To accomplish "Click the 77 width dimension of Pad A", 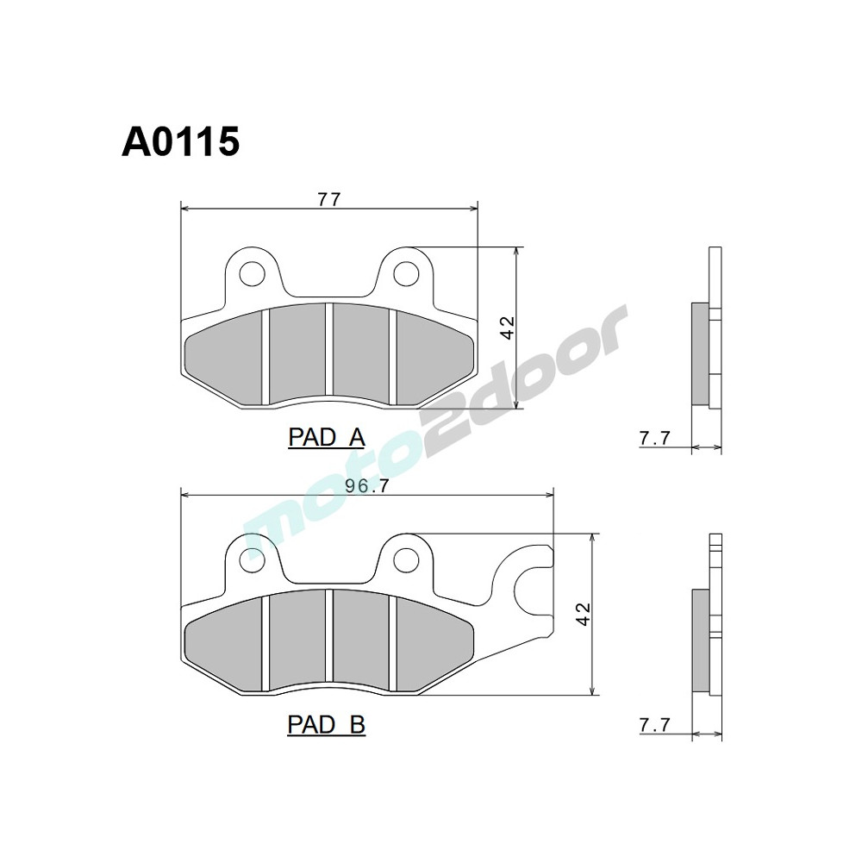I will tap(328, 199).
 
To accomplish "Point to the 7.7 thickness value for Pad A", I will tap(654, 439).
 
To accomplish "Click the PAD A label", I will tap(326, 438).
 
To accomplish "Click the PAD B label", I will tap(326, 725).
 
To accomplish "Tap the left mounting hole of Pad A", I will tap(252, 273).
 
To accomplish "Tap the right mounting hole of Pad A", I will tap(404, 273).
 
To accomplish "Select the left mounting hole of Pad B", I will tap(252, 559).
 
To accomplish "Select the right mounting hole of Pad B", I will tap(404, 559).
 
